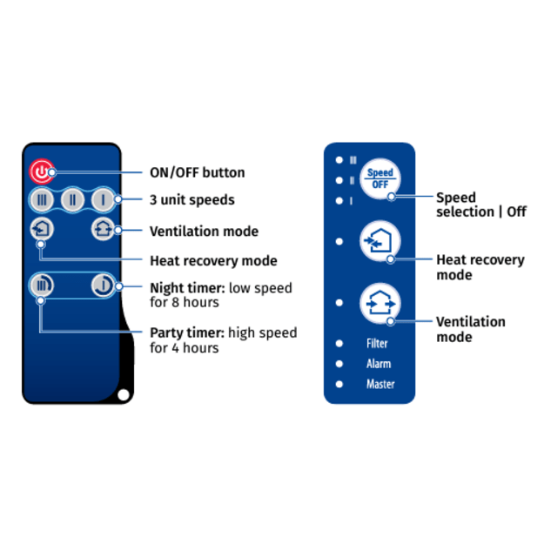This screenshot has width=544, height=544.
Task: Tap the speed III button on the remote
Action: coord(42,199)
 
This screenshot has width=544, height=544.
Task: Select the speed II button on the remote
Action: coord(72,199)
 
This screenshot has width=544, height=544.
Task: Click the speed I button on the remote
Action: coord(103,199)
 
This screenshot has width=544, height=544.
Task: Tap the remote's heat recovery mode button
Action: coord(42,229)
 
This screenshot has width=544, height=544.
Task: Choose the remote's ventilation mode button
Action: coord(103,229)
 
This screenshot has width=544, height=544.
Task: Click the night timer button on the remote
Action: coord(103,285)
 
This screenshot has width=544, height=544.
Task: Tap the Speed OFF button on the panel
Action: coord(380,178)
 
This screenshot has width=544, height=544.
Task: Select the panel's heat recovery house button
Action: coord(380,241)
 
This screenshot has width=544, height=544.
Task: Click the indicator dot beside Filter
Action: coord(339,344)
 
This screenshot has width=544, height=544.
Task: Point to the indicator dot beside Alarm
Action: coord(339,364)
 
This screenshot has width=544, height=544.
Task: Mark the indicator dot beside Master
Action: coord(339,384)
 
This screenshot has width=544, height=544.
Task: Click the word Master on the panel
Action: coord(380,384)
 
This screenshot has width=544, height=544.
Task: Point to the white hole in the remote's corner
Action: coord(124,394)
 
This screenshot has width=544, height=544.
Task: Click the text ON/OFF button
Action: coord(197,172)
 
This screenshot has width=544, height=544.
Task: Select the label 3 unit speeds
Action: coord(192,200)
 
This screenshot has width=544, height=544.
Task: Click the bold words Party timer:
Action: coord(187,333)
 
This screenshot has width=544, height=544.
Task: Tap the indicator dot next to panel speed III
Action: coord(339,160)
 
